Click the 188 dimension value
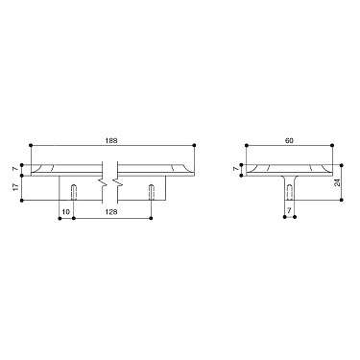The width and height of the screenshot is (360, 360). tap(113, 140)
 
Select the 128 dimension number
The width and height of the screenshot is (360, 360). tap(114, 212)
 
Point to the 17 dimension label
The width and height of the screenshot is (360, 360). tap(13, 187)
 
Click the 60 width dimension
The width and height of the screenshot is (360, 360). tap(289, 140)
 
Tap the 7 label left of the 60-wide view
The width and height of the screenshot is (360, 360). tap(235, 169)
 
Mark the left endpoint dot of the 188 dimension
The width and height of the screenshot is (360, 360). tap(32, 145)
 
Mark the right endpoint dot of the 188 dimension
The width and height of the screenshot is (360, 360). tap(195, 145)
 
